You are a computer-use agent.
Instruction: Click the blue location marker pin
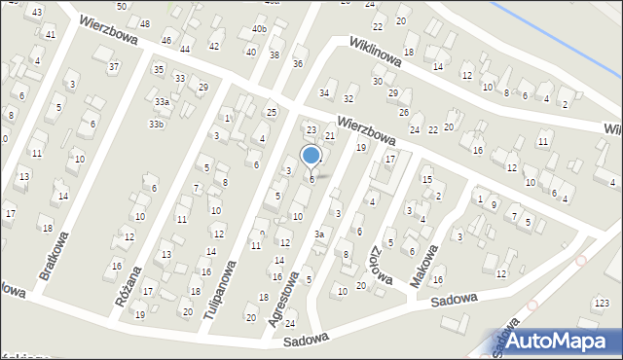[311, 157]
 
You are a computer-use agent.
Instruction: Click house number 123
[604, 304]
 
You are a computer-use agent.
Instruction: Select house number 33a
[163, 102]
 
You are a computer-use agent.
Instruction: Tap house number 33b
[157, 125]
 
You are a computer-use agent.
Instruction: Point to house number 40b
[259, 29]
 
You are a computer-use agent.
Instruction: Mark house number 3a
[318, 234]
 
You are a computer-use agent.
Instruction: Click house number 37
[114, 66]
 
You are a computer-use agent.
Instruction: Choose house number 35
[158, 69]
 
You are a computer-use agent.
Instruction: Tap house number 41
[51, 34]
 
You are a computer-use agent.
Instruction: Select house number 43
[37, 12]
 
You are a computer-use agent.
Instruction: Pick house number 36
[298, 63]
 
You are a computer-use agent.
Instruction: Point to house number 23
[311, 129]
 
